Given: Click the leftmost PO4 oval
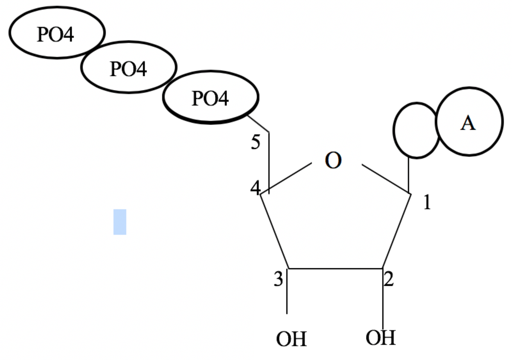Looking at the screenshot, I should pyautogui.click(x=57, y=32).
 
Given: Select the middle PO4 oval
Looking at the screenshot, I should pyautogui.click(x=129, y=67).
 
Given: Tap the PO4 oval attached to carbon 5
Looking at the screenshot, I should pyautogui.click(x=211, y=97).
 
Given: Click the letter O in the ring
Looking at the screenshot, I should pyautogui.click(x=333, y=161).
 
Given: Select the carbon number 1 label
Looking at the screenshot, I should pyautogui.click(x=427, y=203).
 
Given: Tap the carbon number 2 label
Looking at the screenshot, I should pyautogui.click(x=389, y=279).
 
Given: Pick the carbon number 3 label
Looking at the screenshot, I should pyautogui.click(x=278, y=280).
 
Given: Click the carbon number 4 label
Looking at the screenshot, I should pyautogui.click(x=255, y=188).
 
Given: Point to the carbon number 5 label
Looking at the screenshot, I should pyautogui.click(x=255, y=142).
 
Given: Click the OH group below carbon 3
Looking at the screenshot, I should pyautogui.click(x=291, y=339).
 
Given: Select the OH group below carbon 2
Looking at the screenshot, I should pyautogui.click(x=381, y=338).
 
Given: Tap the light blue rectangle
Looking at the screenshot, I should pyautogui.click(x=120, y=222).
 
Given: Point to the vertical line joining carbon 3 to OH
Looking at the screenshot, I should pyautogui.click(x=287, y=294).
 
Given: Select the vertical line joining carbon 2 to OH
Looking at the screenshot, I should pyautogui.click(x=382, y=299).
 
